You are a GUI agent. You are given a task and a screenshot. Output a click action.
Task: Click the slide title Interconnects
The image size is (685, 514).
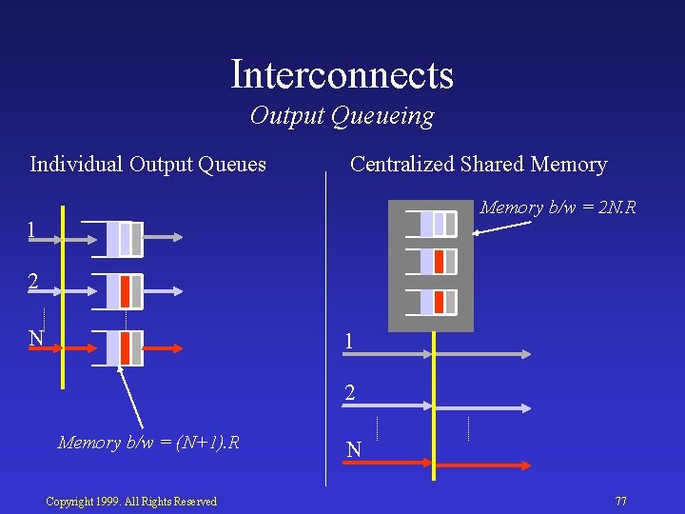pyautogui.click(x=342, y=74)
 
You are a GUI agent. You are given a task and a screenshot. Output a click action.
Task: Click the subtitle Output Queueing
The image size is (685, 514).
pyautogui.click(x=342, y=116)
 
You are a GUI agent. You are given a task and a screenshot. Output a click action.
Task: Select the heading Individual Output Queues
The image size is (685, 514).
pyautogui.click(x=147, y=165)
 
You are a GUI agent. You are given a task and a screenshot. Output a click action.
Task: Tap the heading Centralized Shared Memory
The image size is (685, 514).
pyautogui.click(x=478, y=165)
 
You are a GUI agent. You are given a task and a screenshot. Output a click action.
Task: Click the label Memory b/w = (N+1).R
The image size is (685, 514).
pyautogui.click(x=148, y=443)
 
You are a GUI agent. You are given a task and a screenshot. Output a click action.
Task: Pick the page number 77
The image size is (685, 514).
pyautogui.click(x=620, y=501)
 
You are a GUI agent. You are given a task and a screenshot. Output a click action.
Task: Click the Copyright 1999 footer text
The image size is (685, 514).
pyautogui.click(x=131, y=502)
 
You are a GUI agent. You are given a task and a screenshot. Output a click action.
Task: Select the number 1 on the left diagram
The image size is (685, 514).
pyautogui.click(x=32, y=230)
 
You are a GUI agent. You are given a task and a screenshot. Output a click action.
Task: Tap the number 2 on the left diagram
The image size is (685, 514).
pyautogui.click(x=33, y=282)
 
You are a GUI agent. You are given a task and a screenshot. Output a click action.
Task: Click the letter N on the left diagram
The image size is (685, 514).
pyautogui.click(x=36, y=338)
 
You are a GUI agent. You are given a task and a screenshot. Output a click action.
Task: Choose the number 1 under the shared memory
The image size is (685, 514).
pyautogui.click(x=349, y=341)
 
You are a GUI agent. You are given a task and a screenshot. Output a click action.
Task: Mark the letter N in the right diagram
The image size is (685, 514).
pyautogui.click(x=353, y=449)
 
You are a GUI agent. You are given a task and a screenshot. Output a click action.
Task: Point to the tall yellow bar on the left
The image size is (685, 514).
pyautogui.click(x=63, y=295)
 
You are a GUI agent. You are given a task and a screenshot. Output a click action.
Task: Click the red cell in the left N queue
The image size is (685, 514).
pyautogui.click(x=126, y=347)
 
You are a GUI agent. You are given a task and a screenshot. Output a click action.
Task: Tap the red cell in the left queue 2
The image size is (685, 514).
pyautogui.click(x=126, y=291)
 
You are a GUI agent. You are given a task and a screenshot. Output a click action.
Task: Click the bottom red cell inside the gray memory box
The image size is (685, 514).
pyautogui.click(x=439, y=302)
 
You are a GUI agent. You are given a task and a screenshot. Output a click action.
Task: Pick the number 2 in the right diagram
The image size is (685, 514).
pyautogui.click(x=349, y=393)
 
